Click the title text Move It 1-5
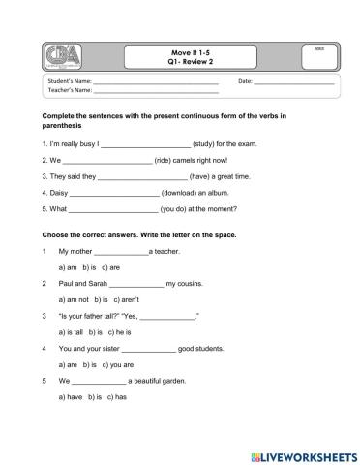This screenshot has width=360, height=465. coord(182,52)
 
